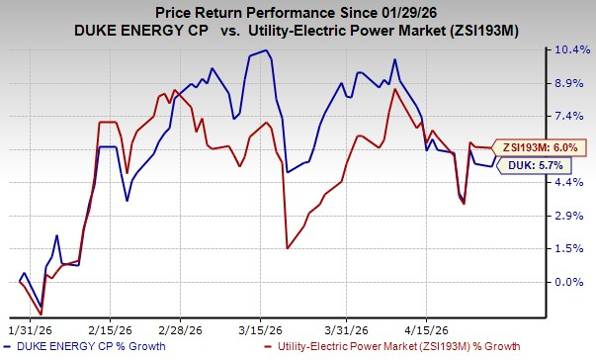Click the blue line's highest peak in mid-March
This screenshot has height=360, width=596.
coord(265,50)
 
